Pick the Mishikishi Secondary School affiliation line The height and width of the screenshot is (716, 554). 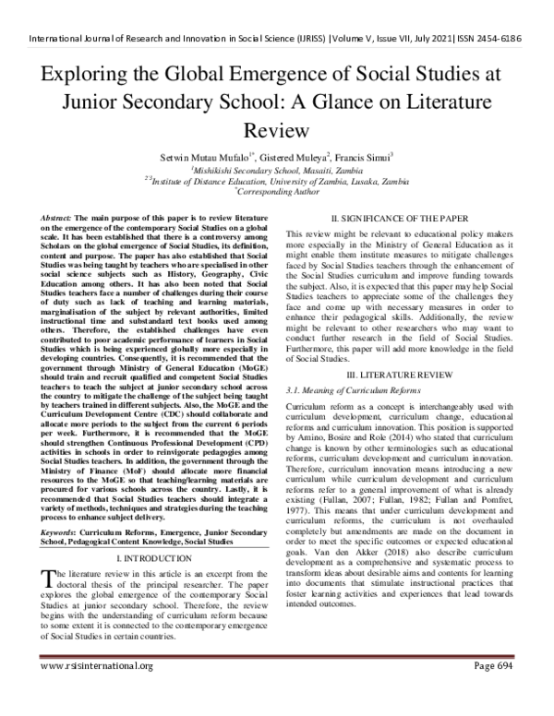277,171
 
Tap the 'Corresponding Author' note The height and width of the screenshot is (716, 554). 278,193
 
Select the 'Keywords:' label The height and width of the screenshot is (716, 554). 65,532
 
